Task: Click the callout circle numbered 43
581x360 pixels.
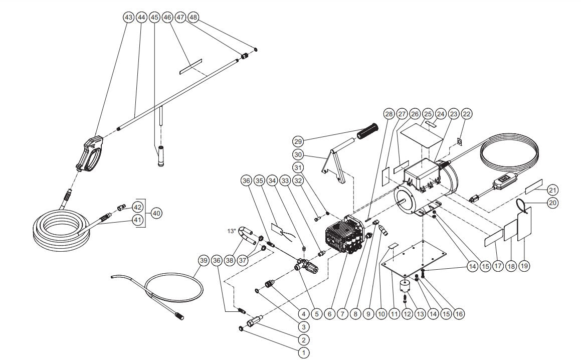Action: pyautogui.click(x=128, y=17)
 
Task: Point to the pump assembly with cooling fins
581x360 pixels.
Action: pyautogui.click(x=346, y=236)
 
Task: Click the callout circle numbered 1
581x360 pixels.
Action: pyautogui.click(x=303, y=353)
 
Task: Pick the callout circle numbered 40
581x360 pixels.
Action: pyautogui.click(x=156, y=213)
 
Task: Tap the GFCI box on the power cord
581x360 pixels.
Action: pyautogui.click(x=503, y=183)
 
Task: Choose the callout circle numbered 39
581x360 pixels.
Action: pyautogui.click(x=203, y=260)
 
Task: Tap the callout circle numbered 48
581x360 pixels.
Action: pyautogui.click(x=193, y=17)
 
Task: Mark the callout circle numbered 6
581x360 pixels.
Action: pyautogui.click(x=329, y=314)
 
